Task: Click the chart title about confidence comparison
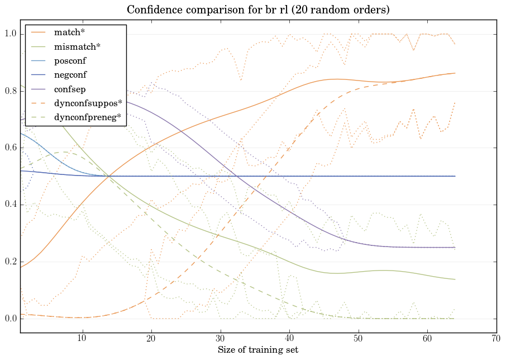click(257, 10)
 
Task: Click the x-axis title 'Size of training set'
click(257, 350)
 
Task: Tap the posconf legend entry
click(70, 60)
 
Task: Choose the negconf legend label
click(70, 74)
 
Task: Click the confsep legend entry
click(69, 88)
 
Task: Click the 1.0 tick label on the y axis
click(11, 35)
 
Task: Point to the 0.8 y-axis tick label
click(11, 92)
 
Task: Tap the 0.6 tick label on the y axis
click(11, 148)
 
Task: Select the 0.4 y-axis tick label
click(11, 205)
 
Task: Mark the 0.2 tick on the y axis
click(11, 262)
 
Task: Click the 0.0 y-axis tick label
click(11, 319)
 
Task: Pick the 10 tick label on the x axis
click(82, 339)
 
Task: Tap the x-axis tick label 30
click(220, 339)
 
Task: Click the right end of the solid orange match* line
click(455, 73)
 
